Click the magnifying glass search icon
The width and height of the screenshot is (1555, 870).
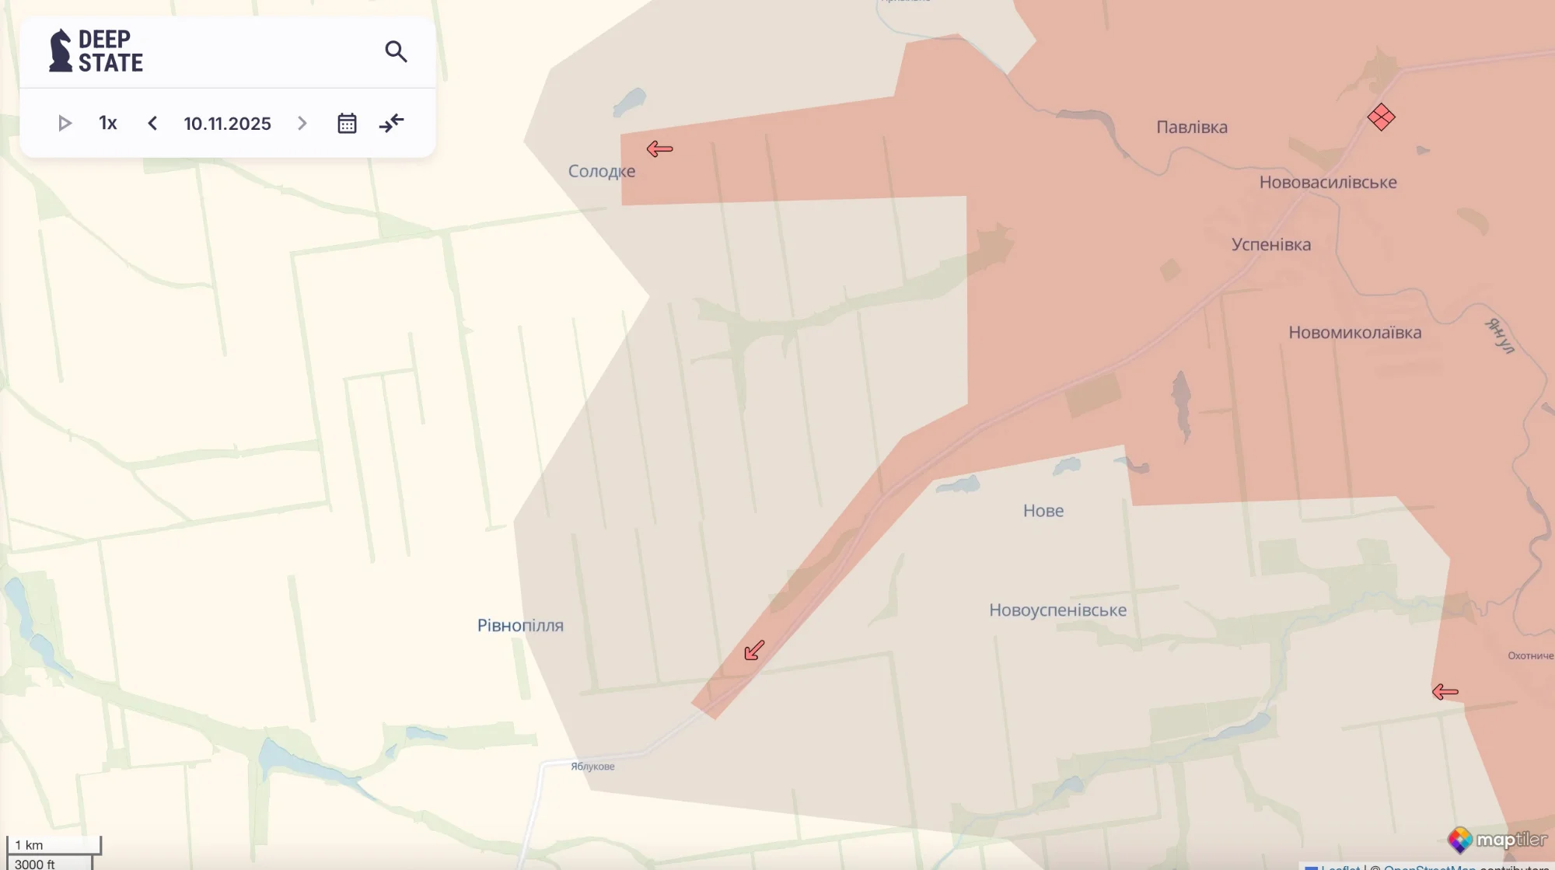[x=396, y=51]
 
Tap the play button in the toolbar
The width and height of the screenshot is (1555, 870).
[x=65, y=123]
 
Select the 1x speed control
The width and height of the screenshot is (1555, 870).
[x=108, y=123]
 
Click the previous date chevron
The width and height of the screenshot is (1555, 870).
[x=152, y=123]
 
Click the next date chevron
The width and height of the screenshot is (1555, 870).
[x=302, y=123]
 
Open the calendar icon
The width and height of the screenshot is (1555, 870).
[x=347, y=123]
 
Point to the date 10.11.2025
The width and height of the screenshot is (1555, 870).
[x=227, y=123]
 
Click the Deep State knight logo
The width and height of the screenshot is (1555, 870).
[x=60, y=51]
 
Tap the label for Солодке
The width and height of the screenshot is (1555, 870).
[x=601, y=171]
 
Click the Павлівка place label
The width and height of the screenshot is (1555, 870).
[x=1192, y=127]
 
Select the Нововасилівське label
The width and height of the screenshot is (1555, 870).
[x=1328, y=182]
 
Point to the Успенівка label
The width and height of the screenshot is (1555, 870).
[x=1271, y=244]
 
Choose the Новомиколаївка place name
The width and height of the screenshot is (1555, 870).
[x=1354, y=332]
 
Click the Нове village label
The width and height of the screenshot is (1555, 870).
[x=1043, y=511]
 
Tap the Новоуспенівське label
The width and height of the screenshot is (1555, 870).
[x=1057, y=610]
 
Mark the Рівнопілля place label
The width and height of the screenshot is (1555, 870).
[x=520, y=625]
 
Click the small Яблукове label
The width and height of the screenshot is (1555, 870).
[x=592, y=767]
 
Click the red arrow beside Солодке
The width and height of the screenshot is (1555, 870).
[x=659, y=148]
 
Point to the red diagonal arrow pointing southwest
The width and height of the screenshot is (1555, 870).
[x=754, y=650]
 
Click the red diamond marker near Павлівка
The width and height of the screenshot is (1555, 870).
[x=1381, y=117]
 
